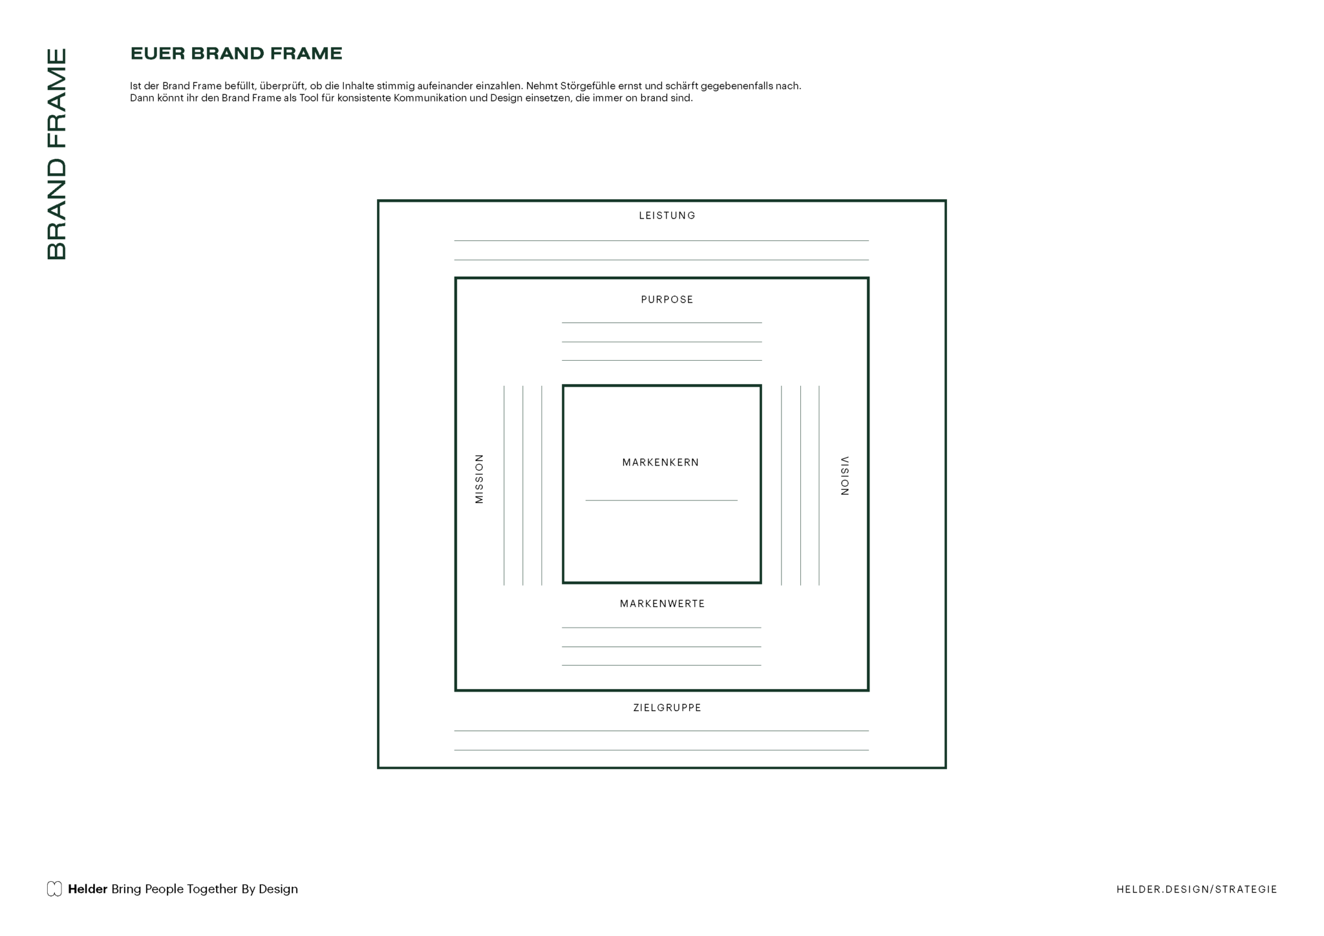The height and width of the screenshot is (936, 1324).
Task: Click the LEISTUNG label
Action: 667,215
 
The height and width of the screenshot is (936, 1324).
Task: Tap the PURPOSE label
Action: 667,299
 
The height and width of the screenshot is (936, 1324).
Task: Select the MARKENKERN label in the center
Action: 661,462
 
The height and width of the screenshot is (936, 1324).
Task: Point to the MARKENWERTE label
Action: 662,604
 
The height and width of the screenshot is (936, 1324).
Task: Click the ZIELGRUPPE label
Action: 667,708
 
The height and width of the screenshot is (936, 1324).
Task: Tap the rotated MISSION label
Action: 479,478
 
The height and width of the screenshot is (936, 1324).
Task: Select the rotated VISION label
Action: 844,476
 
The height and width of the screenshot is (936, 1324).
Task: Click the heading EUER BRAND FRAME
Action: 237,53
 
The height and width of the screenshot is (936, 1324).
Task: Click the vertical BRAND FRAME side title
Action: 57,154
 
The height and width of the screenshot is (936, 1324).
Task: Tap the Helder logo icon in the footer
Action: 54,889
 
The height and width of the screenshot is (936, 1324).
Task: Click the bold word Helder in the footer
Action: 87,889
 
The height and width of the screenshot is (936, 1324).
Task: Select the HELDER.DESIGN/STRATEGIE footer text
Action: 1197,889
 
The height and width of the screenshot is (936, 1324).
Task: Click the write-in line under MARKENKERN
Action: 661,500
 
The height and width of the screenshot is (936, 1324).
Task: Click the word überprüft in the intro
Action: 283,86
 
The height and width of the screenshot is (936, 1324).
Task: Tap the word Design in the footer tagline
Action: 278,889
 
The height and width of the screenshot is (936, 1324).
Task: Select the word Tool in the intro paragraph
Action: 309,98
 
